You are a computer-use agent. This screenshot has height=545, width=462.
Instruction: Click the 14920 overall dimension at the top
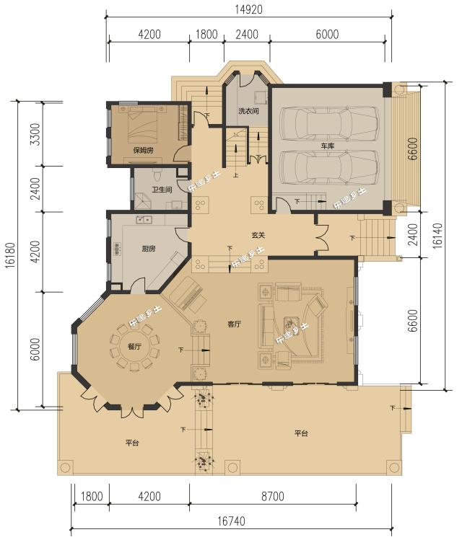248,9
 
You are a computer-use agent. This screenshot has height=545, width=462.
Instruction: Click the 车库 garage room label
328,146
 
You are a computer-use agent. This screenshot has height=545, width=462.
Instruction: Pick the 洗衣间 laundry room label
248,111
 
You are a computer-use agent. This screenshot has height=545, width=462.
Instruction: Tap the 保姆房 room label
143,151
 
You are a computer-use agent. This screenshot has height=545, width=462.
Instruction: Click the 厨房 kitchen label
149,249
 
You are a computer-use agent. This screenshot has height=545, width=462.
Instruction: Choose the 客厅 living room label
232,324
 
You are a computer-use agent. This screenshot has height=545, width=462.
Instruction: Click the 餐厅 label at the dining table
134,347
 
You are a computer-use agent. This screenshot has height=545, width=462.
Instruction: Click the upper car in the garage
329,121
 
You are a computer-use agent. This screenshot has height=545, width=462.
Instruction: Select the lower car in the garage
329,167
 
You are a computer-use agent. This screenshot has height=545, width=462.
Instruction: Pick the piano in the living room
184,296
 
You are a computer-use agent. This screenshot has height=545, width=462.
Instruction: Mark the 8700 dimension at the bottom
272,497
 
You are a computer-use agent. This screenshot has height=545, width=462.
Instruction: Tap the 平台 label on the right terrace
301,433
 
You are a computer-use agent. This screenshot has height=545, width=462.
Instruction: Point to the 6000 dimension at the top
327,33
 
